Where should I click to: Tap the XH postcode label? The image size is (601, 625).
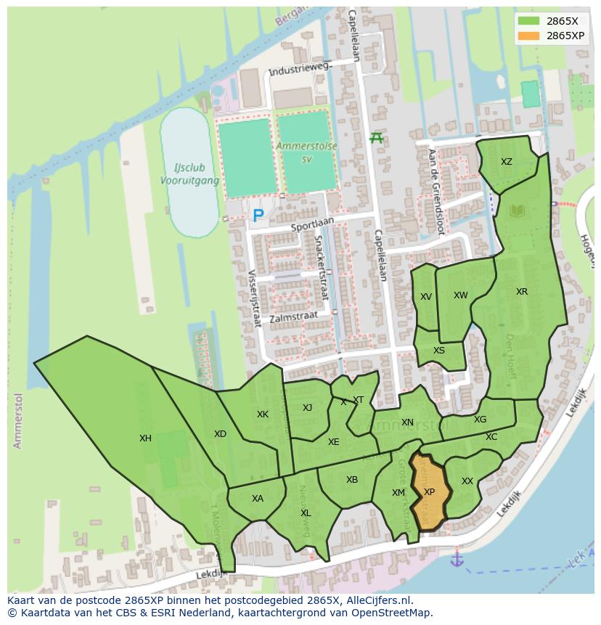(x=145, y=438)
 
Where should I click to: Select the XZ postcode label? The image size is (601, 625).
(x=507, y=162)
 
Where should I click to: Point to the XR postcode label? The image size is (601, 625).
(x=522, y=292)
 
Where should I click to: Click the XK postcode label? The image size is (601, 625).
(x=263, y=414)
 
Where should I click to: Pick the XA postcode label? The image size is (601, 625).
(x=258, y=499)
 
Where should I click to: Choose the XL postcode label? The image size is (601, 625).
(x=306, y=513)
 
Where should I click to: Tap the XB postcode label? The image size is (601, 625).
(x=352, y=480)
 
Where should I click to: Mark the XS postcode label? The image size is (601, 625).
(x=439, y=351)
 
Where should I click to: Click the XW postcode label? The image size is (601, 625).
(x=460, y=295)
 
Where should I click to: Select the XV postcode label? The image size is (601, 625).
(x=426, y=297)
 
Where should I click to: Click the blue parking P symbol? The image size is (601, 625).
(x=258, y=216)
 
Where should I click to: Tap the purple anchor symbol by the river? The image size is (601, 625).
(x=457, y=559)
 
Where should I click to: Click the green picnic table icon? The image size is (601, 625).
(x=376, y=137)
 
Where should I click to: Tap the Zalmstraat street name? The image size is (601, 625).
(x=293, y=317)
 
